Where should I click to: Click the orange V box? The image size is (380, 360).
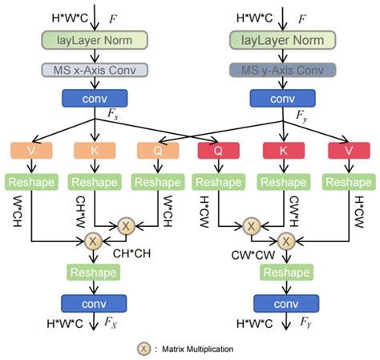click(x=30, y=151)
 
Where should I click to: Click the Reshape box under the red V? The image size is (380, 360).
click(x=347, y=182)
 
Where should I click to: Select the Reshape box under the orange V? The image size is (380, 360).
click(x=30, y=182)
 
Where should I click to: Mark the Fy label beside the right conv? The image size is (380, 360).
click(x=302, y=117)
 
